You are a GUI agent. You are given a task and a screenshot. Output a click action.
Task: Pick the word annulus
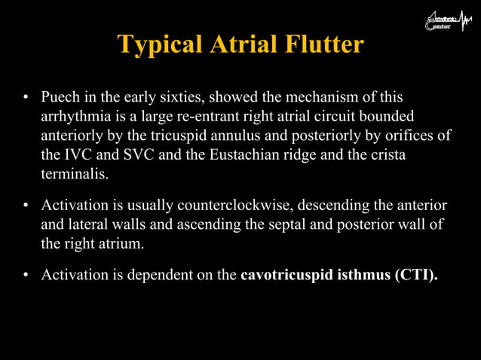[251, 136]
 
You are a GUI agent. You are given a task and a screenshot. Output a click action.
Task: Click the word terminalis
[74, 174]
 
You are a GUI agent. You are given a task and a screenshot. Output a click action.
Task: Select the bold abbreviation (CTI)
[414, 275]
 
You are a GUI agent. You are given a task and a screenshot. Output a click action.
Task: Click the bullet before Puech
[26, 98]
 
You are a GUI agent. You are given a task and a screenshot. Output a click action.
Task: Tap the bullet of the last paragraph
[26, 276]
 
